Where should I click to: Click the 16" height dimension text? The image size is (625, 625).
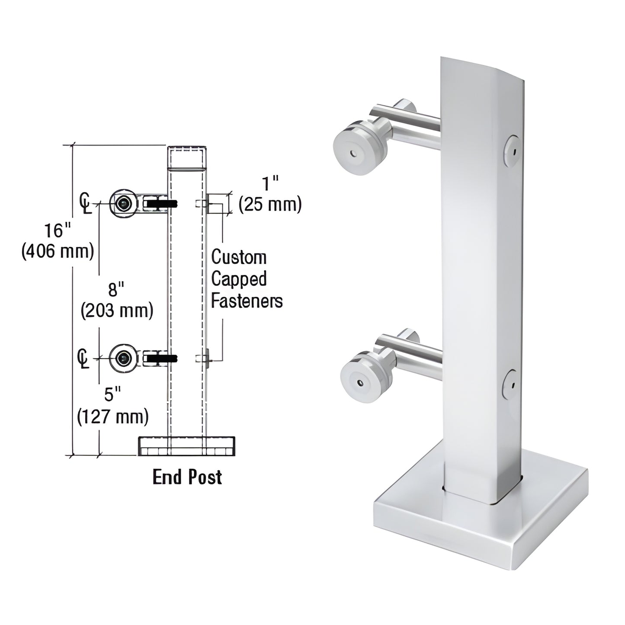pos(55,231)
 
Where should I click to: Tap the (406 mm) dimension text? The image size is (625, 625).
pos(58,251)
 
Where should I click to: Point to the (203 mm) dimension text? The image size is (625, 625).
pos(117,311)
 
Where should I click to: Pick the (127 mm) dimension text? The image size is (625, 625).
pos(112,416)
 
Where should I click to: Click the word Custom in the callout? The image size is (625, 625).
pos(238,257)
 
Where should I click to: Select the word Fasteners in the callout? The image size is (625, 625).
pos(247,301)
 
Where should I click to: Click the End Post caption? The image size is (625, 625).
pos(187,477)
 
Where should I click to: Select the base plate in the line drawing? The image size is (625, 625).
pos(187,446)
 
